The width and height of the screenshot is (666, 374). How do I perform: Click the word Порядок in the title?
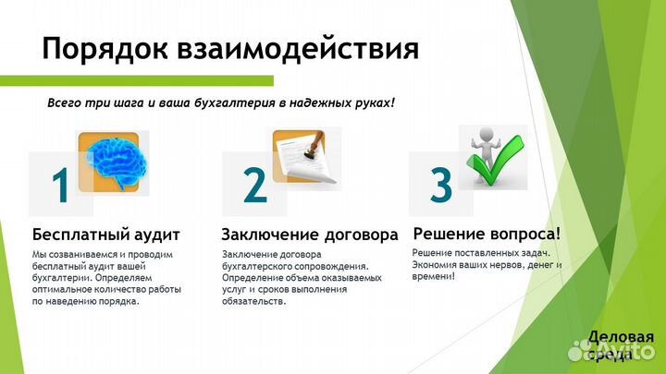99,47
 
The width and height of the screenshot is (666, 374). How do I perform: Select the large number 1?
61,186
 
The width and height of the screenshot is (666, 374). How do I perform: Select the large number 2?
254,185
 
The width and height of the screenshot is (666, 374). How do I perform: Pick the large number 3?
442,184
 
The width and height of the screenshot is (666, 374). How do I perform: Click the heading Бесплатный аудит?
105,234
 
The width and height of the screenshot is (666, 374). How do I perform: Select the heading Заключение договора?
310,234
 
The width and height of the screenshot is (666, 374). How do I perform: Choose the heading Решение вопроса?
487,233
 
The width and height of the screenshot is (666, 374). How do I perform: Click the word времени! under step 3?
433,276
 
